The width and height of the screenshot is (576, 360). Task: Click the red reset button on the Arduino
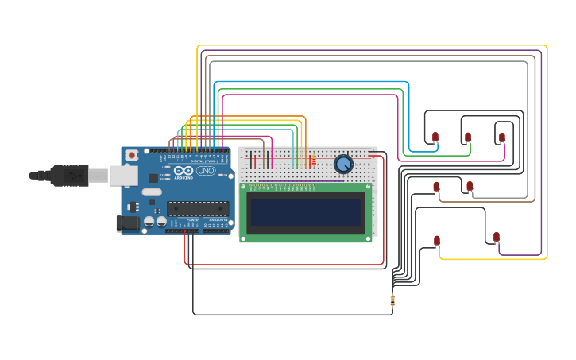pos(132,153)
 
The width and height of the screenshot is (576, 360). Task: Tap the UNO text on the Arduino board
pos(206,171)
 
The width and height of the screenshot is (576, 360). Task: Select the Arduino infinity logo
pos(184,171)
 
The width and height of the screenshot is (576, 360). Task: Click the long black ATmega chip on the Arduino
pos(198,209)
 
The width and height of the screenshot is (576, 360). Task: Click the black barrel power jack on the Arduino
pos(127,224)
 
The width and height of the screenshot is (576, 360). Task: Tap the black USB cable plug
pos(71,174)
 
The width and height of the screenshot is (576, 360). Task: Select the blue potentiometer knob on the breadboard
pos(343,164)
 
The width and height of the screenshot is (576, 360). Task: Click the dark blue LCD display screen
pos(305,211)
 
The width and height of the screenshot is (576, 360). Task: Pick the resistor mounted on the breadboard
pos(314,160)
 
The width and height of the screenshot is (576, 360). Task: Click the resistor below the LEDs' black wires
pos(392,300)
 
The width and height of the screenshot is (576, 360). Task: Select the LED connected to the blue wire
pos(435,137)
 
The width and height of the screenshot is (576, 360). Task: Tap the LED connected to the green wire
pos(468,137)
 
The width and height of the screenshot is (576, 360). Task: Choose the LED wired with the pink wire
pos(502,137)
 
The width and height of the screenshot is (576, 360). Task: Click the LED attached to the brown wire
pos(436,187)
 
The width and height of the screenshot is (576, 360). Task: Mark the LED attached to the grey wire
pos(470,186)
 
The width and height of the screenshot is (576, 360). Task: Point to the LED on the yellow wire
pos(437,240)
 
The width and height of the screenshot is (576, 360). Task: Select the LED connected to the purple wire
pos(497,237)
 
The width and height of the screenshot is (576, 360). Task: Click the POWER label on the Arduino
pos(192,220)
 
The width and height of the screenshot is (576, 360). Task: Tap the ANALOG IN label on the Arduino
pos(218,220)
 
